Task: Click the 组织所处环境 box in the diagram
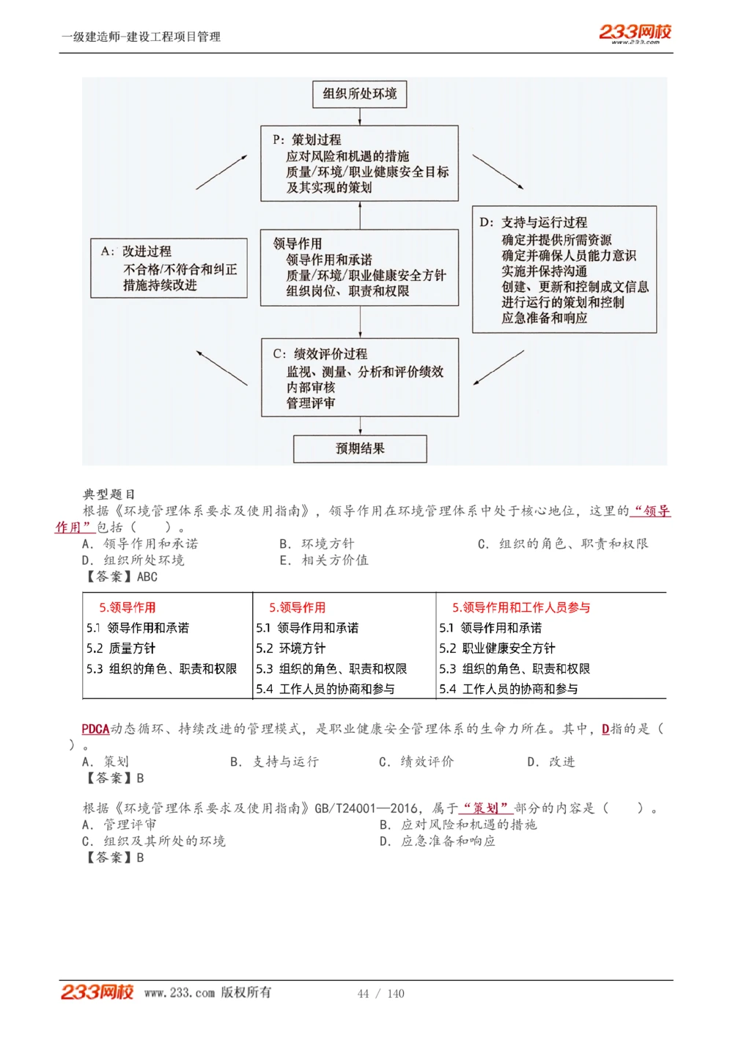tap(359, 94)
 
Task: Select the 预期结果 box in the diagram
tap(360, 448)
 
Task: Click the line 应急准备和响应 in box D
tap(544, 318)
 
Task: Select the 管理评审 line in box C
tap(311, 403)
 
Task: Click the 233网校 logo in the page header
tap(635, 33)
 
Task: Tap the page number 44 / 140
tap(380, 993)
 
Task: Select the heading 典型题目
tap(108, 494)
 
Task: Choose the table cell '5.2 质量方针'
tap(121, 648)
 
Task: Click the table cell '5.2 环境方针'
tap(290, 648)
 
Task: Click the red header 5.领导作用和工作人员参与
tap(520, 607)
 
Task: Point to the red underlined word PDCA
tap(95, 728)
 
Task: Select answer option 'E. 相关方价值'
tap(324, 560)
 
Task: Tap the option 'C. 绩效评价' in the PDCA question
tap(416, 761)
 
